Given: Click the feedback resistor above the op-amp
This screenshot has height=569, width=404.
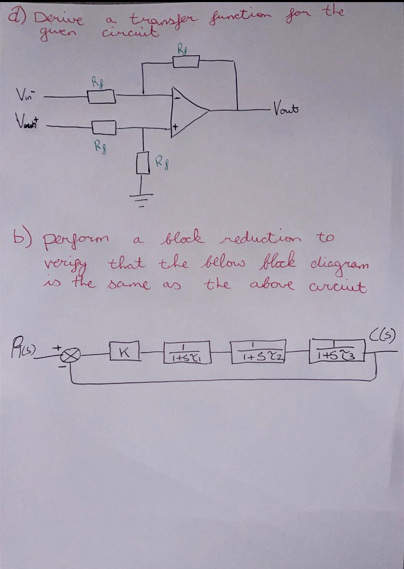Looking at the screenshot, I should pos(186,62).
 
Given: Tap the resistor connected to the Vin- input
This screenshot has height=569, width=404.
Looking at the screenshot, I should pos(101,97).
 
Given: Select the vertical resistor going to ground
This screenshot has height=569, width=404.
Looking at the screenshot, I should pos(144,163).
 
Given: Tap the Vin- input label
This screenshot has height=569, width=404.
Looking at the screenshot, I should pos(25,93).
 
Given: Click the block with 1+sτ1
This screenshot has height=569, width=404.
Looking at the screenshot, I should pos(186,353).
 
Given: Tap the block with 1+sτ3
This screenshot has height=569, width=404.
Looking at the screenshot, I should pos(338,351).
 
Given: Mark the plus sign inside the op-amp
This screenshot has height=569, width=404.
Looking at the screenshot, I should pos(176,125).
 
